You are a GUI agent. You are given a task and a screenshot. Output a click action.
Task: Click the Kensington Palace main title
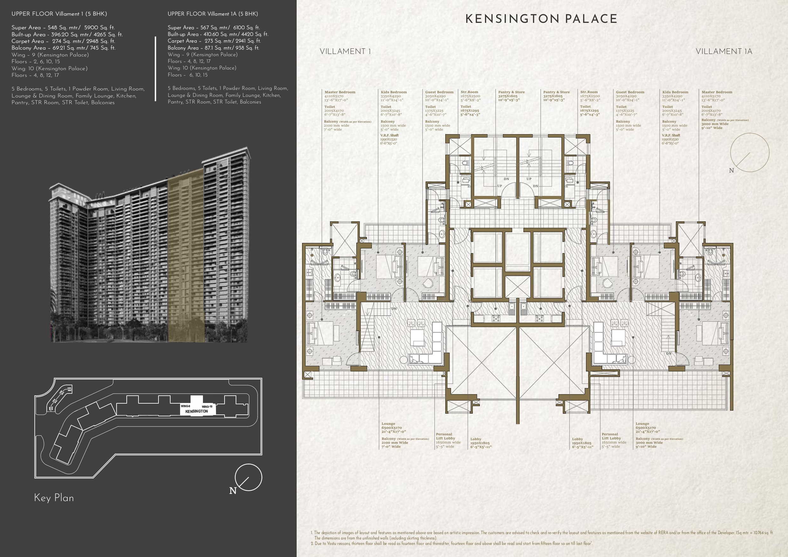541,19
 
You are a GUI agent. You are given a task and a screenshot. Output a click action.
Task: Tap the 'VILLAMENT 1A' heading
724,51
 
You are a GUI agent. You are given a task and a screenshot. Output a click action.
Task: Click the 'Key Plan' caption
54,498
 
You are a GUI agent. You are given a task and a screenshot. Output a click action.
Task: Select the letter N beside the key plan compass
233,491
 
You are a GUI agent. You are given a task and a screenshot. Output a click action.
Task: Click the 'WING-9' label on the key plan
185,406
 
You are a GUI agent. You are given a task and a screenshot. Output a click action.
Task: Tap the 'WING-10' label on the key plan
207,407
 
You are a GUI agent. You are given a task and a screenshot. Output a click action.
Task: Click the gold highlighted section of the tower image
186,256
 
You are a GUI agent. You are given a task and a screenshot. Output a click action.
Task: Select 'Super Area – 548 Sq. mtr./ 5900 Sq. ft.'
63,27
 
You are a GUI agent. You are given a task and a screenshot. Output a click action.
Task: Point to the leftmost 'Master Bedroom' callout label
340,92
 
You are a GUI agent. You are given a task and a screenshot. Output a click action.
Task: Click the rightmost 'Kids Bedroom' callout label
675,92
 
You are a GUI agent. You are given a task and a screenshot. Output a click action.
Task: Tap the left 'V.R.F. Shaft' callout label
389,135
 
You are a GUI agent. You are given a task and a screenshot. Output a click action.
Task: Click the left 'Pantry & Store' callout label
511,92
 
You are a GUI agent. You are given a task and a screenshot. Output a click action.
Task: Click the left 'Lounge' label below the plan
388,424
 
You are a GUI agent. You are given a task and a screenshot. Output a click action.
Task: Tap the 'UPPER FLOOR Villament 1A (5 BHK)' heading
213,14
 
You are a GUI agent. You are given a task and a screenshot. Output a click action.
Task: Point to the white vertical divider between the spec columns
156,69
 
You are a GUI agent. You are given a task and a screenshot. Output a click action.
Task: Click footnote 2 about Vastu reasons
451,544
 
